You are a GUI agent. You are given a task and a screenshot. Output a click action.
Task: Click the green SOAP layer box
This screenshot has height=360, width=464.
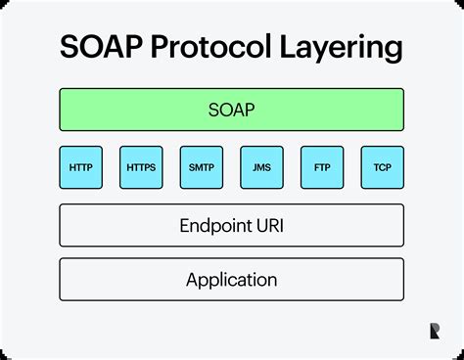231,111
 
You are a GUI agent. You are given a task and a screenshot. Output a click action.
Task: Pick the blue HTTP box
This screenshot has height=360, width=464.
81,168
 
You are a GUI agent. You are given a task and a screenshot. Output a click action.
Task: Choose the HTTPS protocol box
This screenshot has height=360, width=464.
141,168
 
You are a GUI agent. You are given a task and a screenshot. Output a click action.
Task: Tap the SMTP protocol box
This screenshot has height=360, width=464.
202,168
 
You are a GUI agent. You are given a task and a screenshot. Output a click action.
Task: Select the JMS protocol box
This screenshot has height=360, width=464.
261,168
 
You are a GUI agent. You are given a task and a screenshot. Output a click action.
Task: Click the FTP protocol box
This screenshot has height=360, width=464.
322,168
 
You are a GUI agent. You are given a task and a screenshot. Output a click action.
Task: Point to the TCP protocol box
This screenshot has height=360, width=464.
382,168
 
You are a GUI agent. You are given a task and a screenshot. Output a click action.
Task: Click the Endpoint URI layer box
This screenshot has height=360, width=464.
231,225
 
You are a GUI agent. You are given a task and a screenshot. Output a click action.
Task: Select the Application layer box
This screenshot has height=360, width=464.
231,280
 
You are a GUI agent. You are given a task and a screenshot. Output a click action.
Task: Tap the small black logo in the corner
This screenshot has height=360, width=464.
434,332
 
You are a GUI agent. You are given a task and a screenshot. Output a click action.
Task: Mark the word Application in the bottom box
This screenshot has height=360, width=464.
231,281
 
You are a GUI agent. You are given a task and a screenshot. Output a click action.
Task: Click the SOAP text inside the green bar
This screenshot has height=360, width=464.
231,111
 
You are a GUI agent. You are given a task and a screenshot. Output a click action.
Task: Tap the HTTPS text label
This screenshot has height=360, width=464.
141,168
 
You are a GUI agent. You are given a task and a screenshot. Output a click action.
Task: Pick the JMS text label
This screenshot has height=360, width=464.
261,168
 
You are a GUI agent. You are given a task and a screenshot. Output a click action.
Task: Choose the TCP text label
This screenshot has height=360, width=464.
382,168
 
